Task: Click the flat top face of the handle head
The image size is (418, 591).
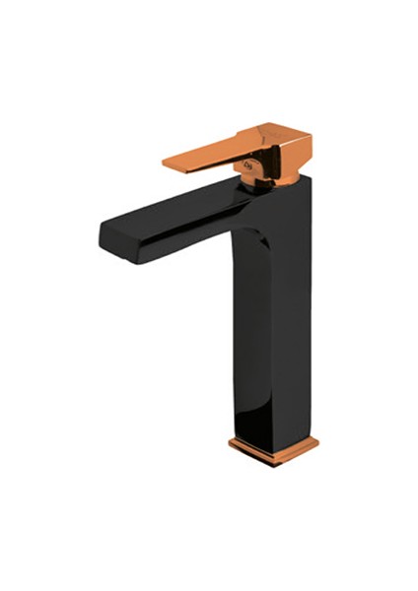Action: [281, 132]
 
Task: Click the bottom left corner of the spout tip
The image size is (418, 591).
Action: [103, 240]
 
